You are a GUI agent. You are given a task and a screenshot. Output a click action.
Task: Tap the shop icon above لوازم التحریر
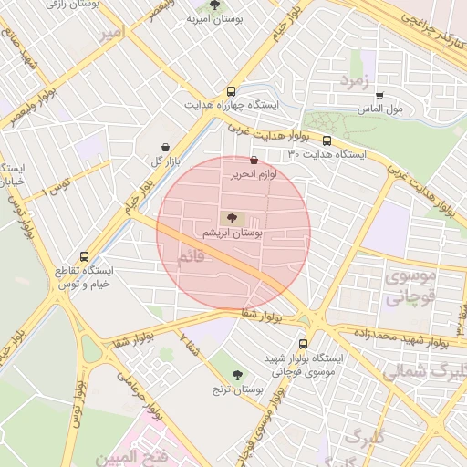(254, 161)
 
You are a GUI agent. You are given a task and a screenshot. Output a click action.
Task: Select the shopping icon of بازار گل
(164, 148)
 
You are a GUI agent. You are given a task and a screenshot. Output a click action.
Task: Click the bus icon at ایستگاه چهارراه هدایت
(231, 91)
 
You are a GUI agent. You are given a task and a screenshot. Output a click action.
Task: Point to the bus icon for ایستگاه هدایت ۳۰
(327, 140)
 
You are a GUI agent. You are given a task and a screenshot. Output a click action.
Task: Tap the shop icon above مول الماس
(379, 95)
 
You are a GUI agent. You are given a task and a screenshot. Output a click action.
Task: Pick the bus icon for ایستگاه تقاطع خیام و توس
(85, 257)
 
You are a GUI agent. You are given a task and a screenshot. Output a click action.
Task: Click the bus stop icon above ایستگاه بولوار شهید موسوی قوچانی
(304, 344)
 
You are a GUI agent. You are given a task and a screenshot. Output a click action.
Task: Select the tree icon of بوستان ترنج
(238, 374)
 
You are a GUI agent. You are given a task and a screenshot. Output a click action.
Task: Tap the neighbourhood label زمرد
(358, 80)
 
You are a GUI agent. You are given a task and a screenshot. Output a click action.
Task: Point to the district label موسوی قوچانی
(411, 285)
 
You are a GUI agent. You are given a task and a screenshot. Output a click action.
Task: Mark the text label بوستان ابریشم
(237, 233)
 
